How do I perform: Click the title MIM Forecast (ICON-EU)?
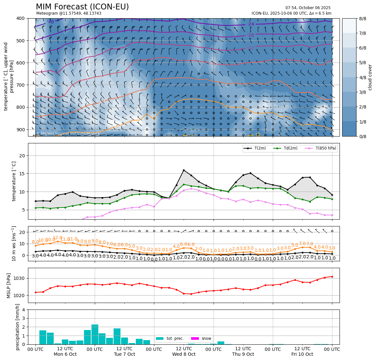82,7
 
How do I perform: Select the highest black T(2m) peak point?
184,170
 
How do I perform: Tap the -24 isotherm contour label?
250,24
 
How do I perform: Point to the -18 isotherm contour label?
250,35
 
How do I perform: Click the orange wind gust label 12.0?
58,238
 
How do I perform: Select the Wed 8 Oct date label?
184,354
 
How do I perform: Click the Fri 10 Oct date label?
302,354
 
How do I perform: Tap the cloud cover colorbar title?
370,77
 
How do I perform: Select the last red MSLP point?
332,277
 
